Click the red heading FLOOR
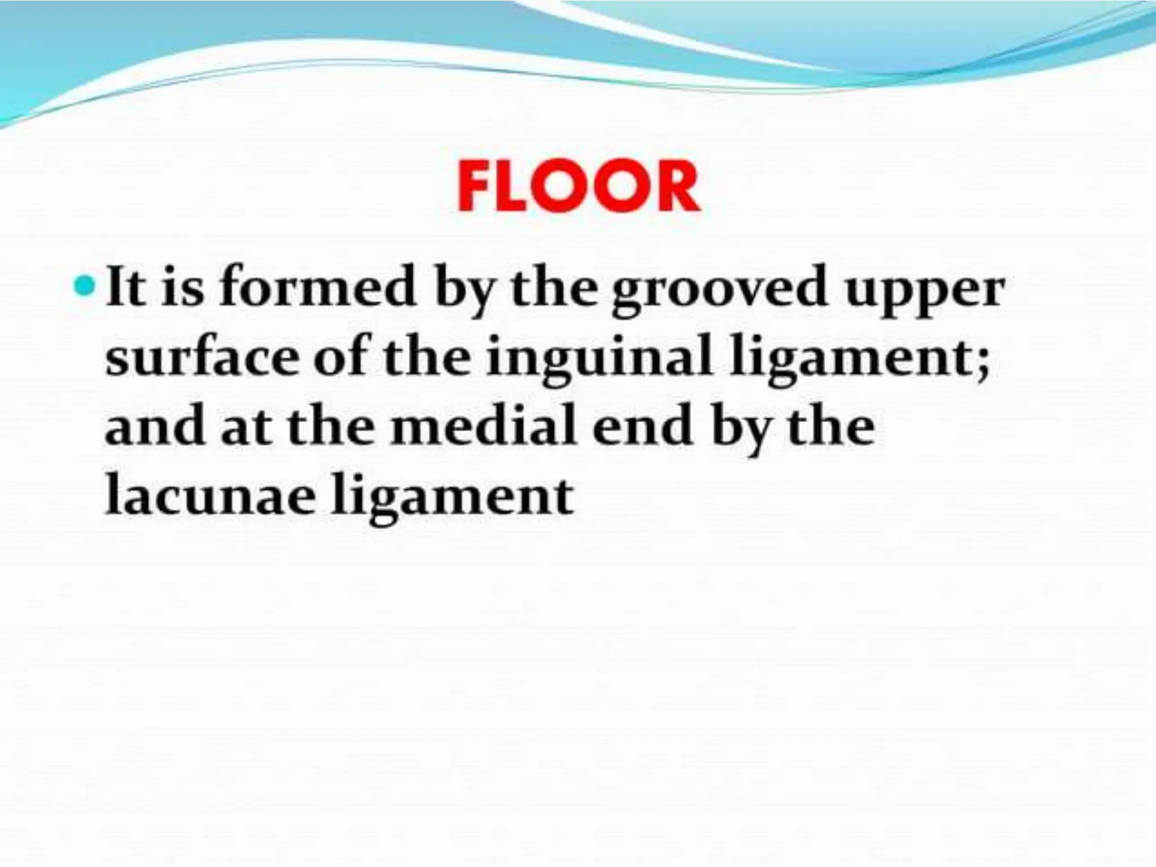tap(578, 187)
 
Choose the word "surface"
tap(201, 359)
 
